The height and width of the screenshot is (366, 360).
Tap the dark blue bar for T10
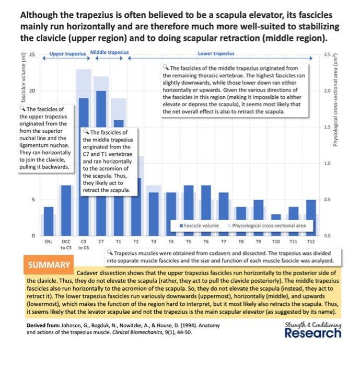pyautogui.click(x=276, y=225)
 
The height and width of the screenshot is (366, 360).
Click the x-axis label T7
pyautogui.click(x=224, y=243)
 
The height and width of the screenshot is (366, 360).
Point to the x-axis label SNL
pyautogui.click(x=49, y=243)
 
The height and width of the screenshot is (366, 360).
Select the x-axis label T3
pyautogui.click(x=154, y=243)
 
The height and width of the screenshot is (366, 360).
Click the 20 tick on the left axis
pyautogui.click(x=33, y=91)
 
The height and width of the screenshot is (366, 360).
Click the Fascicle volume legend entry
pyautogui.click(x=202, y=225)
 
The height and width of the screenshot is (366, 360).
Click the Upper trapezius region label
pyautogui.click(x=67, y=53)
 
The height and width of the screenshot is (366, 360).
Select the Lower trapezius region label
pyautogui.click(x=216, y=53)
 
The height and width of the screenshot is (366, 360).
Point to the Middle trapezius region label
pyautogui.click(x=110, y=53)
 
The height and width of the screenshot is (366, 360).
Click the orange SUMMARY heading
pyautogui.click(x=48, y=265)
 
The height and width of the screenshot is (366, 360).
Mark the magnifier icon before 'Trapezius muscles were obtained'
pyautogui.click(x=109, y=252)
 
